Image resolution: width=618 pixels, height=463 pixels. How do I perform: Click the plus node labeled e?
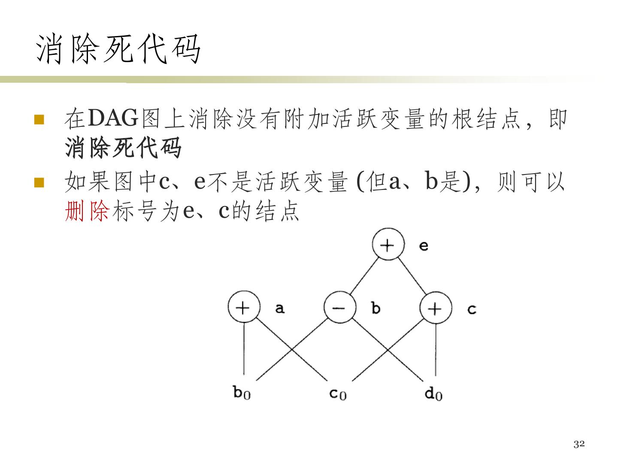(x=388, y=245)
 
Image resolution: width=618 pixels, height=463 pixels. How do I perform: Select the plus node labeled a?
(x=244, y=307)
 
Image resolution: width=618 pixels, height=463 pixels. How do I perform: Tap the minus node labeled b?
(x=340, y=307)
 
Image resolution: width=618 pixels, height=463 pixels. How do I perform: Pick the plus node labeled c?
(x=436, y=308)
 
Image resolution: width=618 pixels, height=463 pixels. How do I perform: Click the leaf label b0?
(x=242, y=392)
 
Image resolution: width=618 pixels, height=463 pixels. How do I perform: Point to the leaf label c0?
(x=338, y=393)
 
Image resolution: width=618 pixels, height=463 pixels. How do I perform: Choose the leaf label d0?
(x=433, y=393)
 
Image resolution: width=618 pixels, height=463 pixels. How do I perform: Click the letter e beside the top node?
(x=424, y=246)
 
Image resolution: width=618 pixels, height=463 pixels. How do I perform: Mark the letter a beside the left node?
(x=280, y=308)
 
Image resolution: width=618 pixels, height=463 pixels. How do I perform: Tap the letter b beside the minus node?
(x=376, y=308)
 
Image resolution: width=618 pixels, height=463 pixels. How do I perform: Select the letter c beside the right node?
(x=472, y=309)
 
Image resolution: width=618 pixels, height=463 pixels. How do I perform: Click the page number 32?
(x=579, y=444)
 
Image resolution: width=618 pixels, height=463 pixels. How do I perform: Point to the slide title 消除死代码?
(x=118, y=49)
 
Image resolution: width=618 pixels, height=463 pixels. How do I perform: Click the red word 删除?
(x=88, y=211)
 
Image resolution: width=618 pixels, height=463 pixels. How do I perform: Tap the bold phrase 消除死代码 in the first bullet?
(x=124, y=148)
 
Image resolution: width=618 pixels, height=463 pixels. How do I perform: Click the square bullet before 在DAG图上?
(x=39, y=119)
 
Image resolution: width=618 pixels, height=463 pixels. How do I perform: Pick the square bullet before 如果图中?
(x=39, y=183)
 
